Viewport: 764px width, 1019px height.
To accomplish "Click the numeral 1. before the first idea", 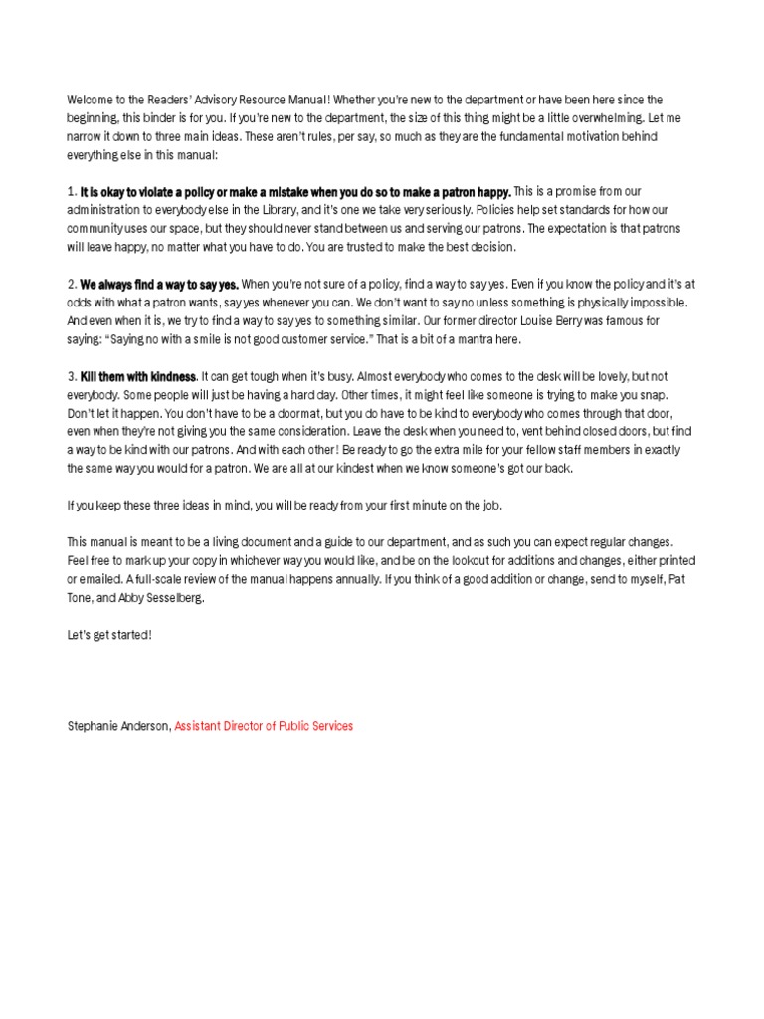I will [72, 191].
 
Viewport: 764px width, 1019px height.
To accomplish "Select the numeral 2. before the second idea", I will [72, 284].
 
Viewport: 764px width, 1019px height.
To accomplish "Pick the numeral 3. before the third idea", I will [72, 376].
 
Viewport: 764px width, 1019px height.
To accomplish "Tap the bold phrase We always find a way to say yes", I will [159, 284].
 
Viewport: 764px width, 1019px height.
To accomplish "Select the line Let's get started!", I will [109, 634].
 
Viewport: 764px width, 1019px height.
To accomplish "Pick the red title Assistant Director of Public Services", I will [264, 726].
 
